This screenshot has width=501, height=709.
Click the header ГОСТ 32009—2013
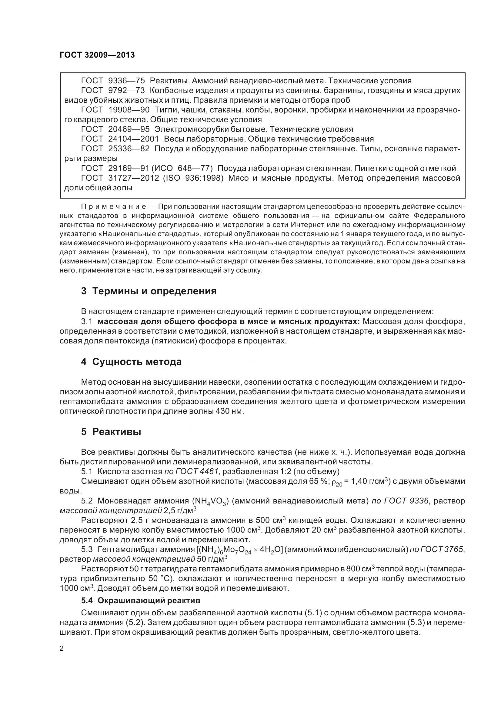pos(97,55)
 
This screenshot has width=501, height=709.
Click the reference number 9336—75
pos(127,81)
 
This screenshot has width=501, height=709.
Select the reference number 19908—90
pos(129,110)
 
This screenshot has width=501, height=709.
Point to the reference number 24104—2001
pos(133,139)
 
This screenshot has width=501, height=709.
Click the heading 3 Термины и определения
pos(149,291)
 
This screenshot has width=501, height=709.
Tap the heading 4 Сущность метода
pos(131,362)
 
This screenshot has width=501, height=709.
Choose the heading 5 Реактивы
pos(111,432)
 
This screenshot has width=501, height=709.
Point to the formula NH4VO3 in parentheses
pos(210,501)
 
